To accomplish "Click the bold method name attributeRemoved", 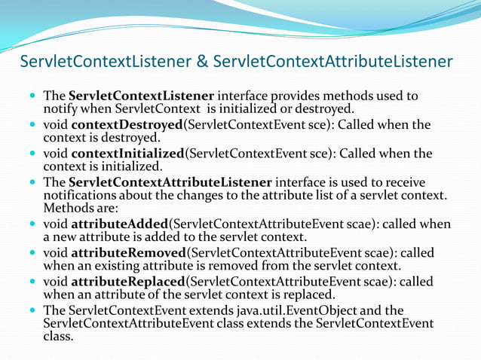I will [126, 252].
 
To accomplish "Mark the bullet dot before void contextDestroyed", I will [32, 125].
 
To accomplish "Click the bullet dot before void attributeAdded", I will [32, 224].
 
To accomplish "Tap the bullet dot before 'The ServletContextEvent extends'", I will [32, 310].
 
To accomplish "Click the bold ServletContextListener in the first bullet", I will [142, 96].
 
